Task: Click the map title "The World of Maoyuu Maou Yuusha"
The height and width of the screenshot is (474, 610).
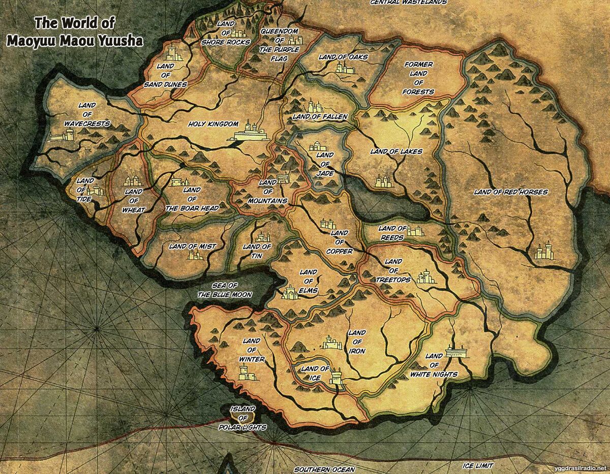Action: point(75,31)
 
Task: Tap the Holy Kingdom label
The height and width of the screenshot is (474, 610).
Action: point(213,123)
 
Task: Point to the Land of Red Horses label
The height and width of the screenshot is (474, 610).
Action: point(510,192)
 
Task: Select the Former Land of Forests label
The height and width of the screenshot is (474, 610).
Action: point(418,78)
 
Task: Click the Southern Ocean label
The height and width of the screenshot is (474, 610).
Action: point(324,469)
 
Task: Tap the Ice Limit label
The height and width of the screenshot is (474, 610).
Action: point(478,465)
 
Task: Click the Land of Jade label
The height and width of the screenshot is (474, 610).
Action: point(324,164)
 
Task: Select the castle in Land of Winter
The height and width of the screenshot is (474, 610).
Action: point(249,375)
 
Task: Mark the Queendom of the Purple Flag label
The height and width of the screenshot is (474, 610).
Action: point(279,45)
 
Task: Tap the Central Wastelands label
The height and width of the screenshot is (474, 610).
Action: point(408,3)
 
